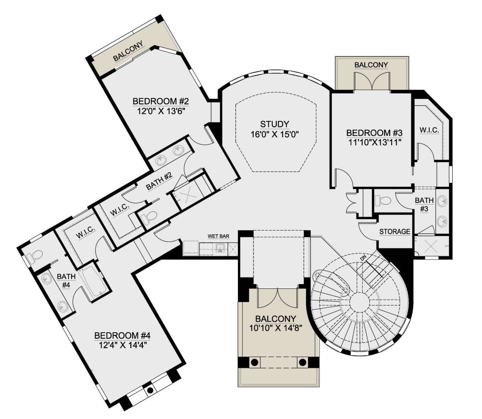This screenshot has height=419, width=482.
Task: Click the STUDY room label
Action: [274, 124]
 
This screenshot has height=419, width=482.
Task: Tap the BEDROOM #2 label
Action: [161, 102]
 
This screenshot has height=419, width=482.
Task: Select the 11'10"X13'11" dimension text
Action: [374, 142]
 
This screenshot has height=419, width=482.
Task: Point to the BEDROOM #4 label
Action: [122, 335]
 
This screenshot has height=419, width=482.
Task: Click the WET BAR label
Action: [219, 236]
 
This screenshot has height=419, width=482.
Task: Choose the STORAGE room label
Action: [394, 231]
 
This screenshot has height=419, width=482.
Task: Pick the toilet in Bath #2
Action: [149, 217]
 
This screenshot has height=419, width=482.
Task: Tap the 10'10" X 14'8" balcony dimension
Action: [276, 328]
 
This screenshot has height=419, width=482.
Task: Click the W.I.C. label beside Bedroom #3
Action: [429, 130]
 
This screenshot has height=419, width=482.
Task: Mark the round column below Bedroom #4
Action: [150, 390]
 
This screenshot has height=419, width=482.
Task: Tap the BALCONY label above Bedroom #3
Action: [371, 65]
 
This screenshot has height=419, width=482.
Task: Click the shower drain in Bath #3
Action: [431, 246]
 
